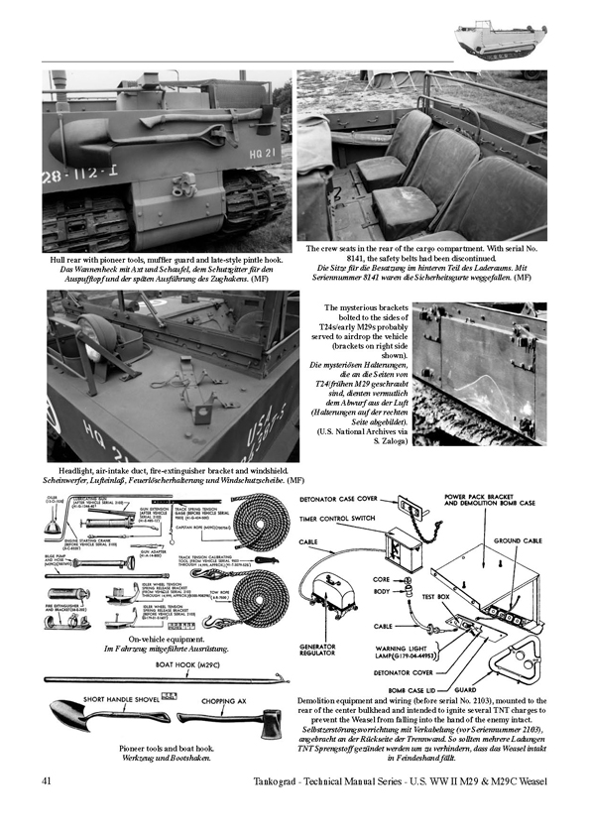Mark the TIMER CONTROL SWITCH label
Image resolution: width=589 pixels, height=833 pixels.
coord(339,520)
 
